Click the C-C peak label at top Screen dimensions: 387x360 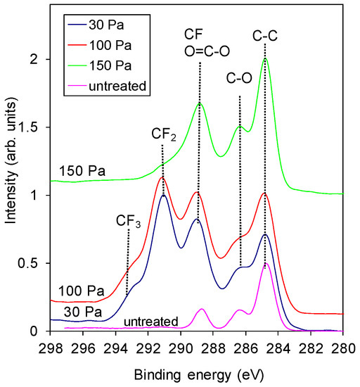pos(265,33)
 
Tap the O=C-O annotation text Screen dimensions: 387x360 pos(200,49)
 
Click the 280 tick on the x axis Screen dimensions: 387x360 pos(342,346)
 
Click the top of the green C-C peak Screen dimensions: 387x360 pos(265,59)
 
